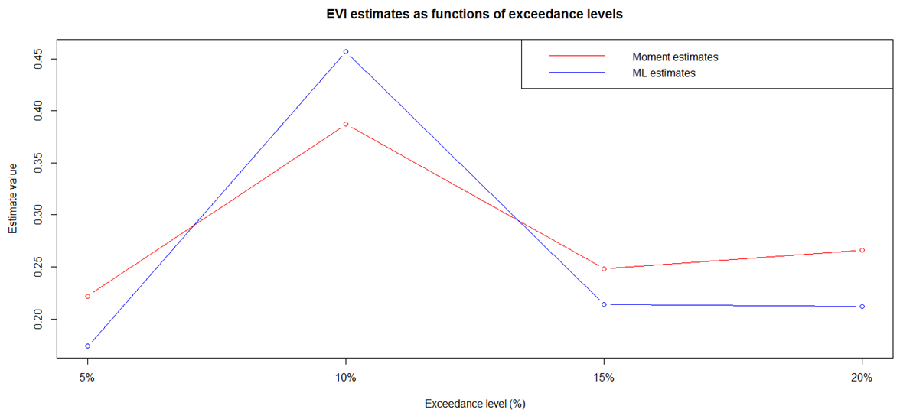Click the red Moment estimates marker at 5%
tap(88, 296)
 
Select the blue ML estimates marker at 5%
tap(88, 346)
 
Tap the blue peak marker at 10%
tap(346, 52)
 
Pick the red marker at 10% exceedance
tap(346, 124)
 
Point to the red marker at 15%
tap(604, 268)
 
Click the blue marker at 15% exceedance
tap(604, 304)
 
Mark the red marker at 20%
tap(862, 250)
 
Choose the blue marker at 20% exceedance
tap(862, 307)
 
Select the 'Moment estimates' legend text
tap(675, 57)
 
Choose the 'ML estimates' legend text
tap(664, 73)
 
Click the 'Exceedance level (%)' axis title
tap(474, 403)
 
